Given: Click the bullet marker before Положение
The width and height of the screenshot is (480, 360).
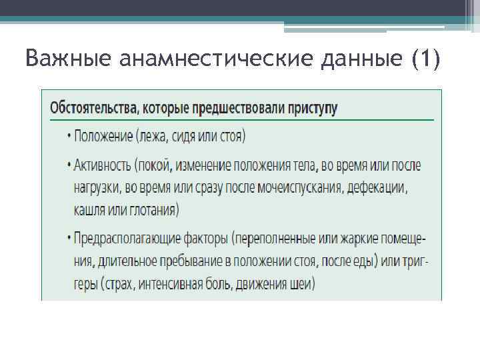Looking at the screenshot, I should (x=69, y=137).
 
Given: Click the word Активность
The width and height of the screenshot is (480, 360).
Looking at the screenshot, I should (x=101, y=165).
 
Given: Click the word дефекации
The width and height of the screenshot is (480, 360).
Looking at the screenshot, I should (x=379, y=187).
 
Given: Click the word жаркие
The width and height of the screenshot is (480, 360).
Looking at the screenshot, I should (x=351, y=237).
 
